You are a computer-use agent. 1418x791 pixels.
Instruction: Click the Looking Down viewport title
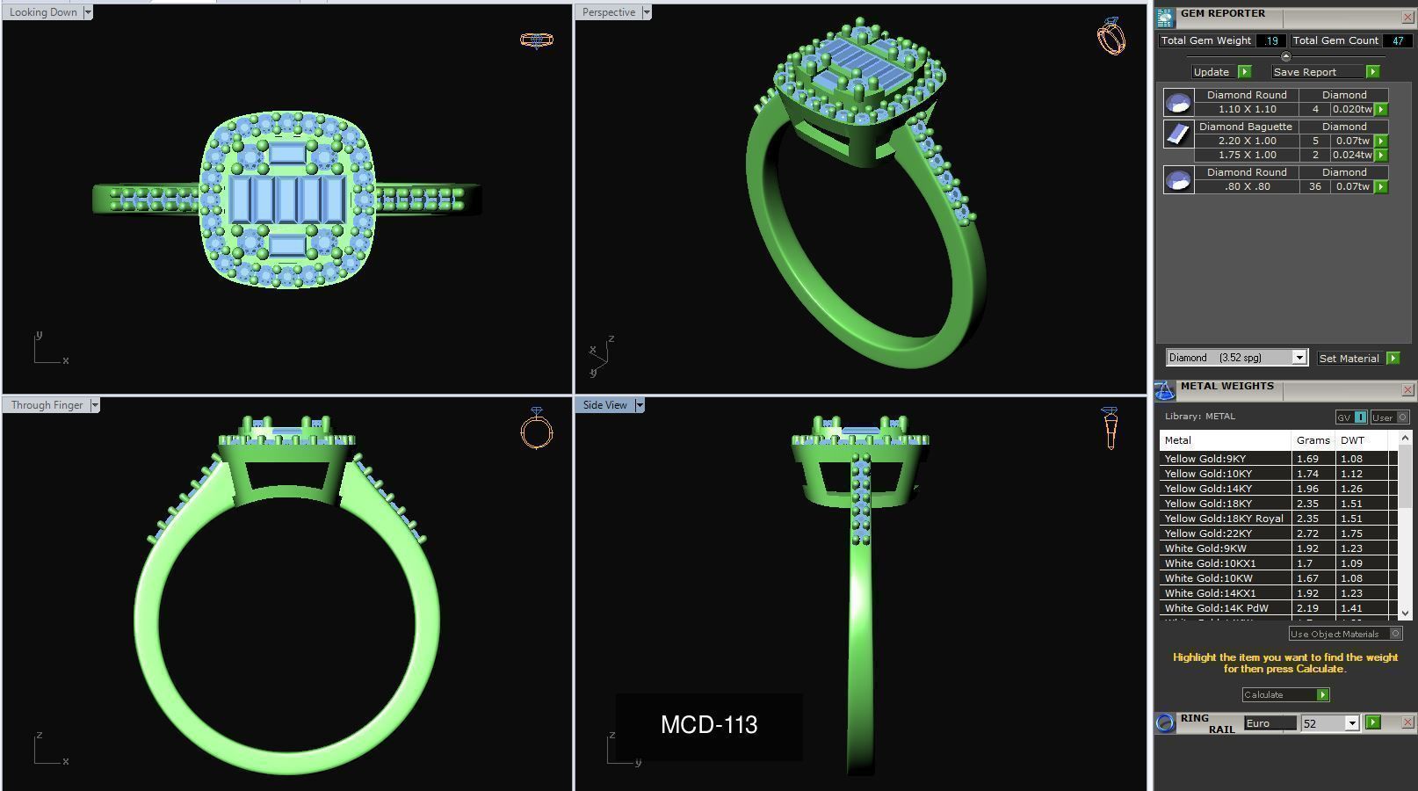[x=42, y=12]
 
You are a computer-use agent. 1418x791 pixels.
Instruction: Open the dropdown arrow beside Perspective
[x=647, y=12]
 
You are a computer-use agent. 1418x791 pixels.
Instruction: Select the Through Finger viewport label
[x=47, y=405]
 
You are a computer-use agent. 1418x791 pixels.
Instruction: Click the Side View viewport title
[x=604, y=405]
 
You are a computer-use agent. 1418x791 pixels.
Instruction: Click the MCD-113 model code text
[x=709, y=725]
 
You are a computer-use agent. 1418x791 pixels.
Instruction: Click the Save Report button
[x=1305, y=72]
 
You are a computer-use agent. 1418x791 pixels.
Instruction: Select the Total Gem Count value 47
[x=1397, y=40]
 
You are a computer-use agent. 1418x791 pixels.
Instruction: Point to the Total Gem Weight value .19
[x=1270, y=40]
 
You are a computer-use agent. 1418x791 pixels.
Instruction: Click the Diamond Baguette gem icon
[x=1178, y=134]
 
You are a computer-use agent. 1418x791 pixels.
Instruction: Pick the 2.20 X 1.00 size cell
[x=1247, y=141]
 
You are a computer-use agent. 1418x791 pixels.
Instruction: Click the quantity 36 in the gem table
[x=1314, y=186]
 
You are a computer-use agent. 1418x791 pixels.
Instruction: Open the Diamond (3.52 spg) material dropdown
[x=1299, y=358]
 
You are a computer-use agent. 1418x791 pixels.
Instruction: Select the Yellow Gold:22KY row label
[x=1208, y=533]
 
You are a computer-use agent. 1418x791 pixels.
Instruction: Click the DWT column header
[x=1352, y=440]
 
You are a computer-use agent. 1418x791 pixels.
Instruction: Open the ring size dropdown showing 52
[x=1351, y=723]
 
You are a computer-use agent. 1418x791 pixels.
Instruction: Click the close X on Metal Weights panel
[x=1407, y=389]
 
